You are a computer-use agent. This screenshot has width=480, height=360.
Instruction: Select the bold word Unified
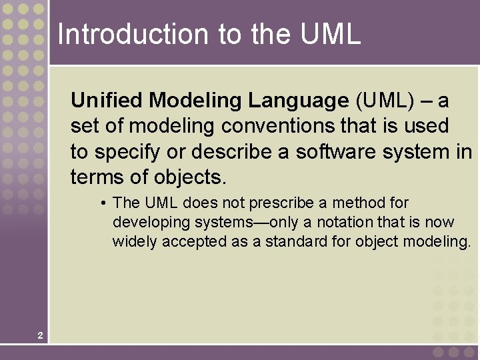pos(107,101)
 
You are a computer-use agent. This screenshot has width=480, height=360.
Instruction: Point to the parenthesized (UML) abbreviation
pos(385,101)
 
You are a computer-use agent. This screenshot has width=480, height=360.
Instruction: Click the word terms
pos(93,177)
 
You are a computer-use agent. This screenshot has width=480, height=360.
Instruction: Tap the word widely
pos(133,241)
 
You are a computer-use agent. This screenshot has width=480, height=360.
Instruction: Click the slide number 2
pos(41,335)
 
